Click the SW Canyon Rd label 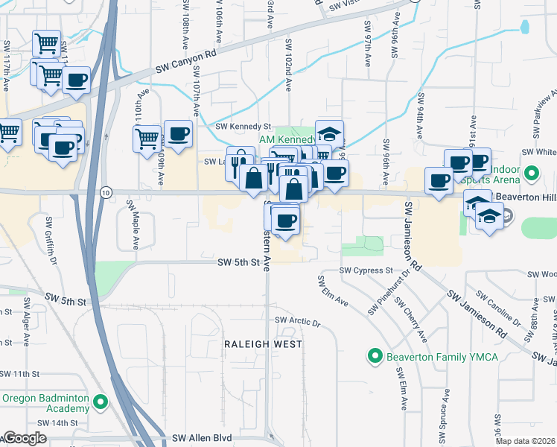(186, 62)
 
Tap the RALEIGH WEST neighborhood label (264, 344)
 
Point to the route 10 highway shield (106, 192)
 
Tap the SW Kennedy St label (243, 127)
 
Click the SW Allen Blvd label (201, 438)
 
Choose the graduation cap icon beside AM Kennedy (328, 133)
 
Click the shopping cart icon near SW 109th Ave (147, 137)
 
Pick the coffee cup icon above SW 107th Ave (178, 133)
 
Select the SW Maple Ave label (133, 224)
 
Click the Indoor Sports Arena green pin (531, 174)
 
